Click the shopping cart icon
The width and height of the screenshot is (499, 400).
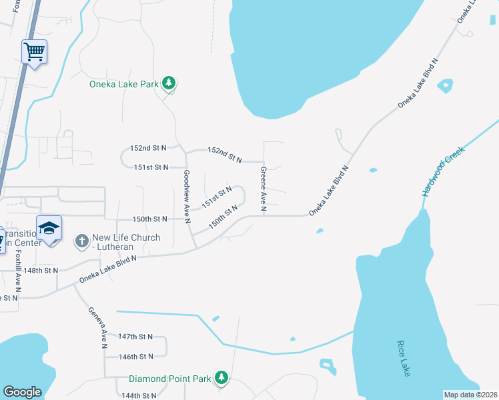tap(34, 51)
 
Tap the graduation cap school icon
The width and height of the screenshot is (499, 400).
tap(49, 229)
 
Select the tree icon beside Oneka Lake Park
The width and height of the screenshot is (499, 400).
tap(170, 83)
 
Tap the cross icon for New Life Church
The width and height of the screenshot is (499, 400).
tap(81, 240)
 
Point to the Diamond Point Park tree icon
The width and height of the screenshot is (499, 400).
tap(221, 379)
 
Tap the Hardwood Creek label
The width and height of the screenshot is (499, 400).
tap(442, 172)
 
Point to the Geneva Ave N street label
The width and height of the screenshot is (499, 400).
tap(97, 328)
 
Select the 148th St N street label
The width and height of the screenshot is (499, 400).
tap(41, 271)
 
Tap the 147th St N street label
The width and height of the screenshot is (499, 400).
tap(135, 337)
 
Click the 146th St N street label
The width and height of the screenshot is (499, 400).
tap(135, 357)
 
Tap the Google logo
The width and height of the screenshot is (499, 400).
tap(22, 391)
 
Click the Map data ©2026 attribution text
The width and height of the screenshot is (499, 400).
tap(470, 395)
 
